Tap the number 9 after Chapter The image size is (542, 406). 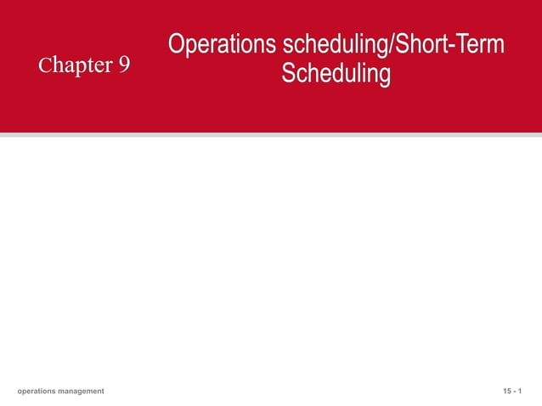coord(124,65)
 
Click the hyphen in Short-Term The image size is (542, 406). coord(448,46)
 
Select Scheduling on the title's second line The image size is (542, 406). coord(336,74)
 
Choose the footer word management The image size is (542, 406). coord(82,391)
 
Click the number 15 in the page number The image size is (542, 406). coord(507,391)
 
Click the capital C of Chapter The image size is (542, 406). coord(43,65)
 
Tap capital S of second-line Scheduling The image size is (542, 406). coord(288,74)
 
